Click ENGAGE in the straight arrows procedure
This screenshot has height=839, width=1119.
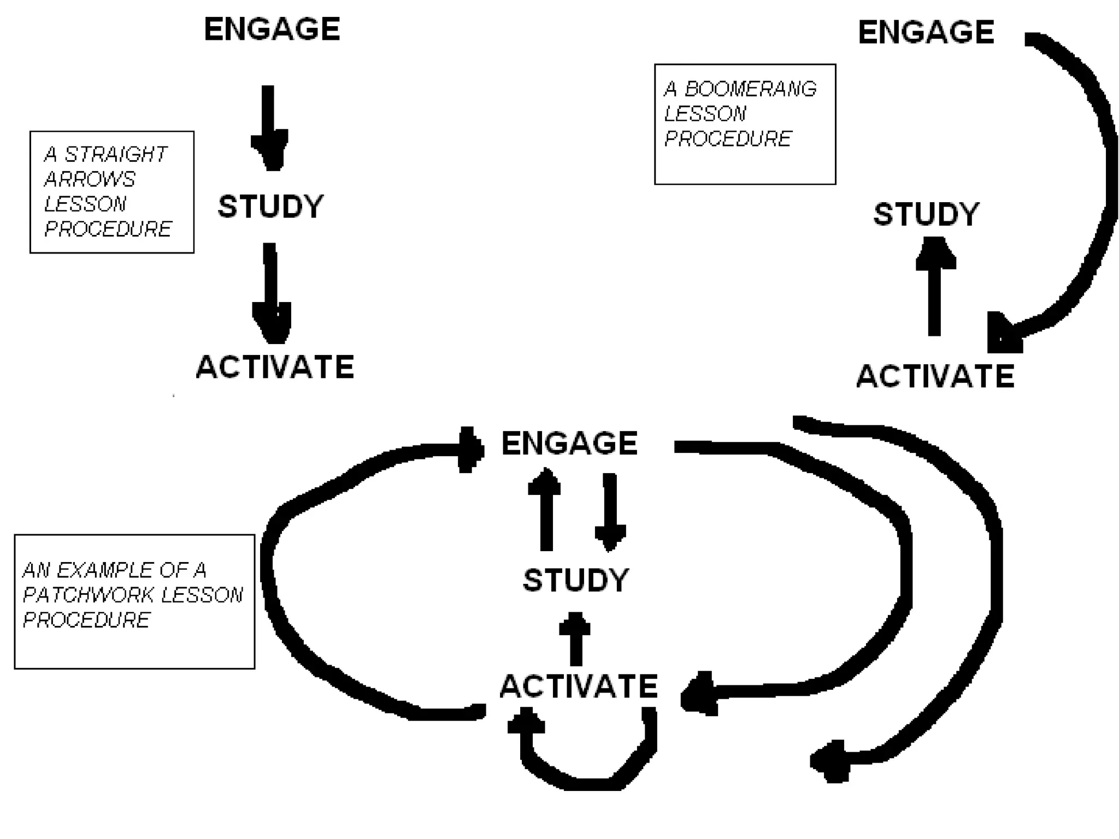(x=272, y=29)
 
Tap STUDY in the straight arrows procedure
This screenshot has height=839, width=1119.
(x=270, y=206)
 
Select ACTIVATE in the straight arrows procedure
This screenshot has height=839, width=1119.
(x=275, y=367)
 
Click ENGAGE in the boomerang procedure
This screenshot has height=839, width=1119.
(x=926, y=32)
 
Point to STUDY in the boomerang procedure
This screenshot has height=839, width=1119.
(x=926, y=214)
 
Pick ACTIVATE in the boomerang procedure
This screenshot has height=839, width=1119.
(x=935, y=376)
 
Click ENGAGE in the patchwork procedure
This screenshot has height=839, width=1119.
(x=569, y=443)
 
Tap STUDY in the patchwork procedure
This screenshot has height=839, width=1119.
(x=575, y=580)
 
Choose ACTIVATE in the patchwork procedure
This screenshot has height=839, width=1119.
(x=579, y=686)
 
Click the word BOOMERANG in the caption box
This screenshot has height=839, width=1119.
(x=750, y=89)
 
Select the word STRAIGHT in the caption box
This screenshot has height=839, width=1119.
(x=115, y=155)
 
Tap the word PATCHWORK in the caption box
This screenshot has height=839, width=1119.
(x=87, y=595)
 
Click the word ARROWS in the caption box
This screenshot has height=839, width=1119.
(x=90, y=179)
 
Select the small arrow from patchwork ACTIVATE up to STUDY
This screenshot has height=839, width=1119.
(x=575, y=639)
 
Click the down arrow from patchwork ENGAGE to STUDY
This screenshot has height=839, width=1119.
(x=610, y=511)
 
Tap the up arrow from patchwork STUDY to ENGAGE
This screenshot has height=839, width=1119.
(x=545, y=511)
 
